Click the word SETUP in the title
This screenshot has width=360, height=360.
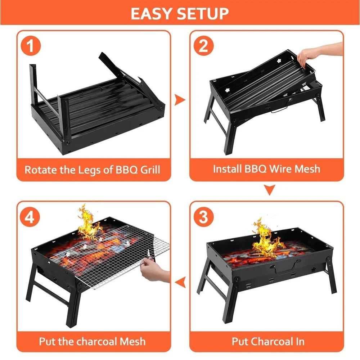[204, 14]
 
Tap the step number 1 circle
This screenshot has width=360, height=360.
[32, 46]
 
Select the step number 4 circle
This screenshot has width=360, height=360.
[32, 217]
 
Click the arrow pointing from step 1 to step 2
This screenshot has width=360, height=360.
[180, 99]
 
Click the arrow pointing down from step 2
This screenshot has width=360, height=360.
[270, 190]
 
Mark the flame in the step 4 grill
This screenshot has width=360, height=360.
[87, 223]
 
